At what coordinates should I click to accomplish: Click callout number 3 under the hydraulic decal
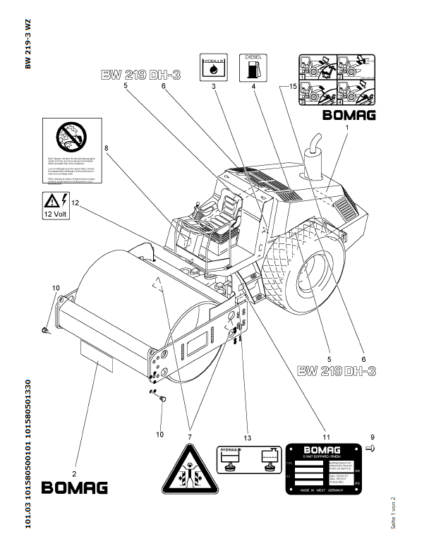(212, 87)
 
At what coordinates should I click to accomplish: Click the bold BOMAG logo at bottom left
(75, 487)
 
